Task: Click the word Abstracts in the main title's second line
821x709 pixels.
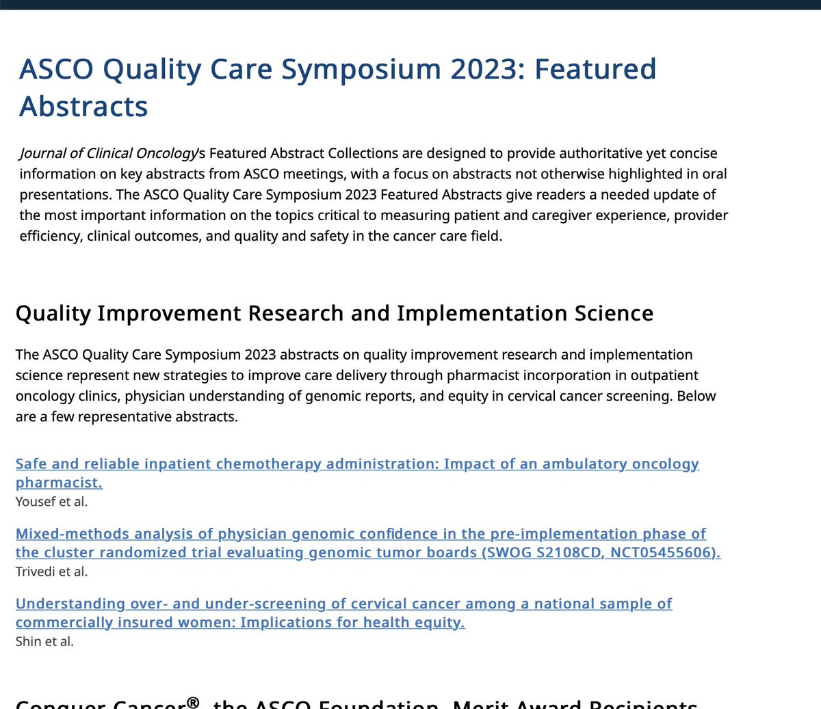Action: [83, 107]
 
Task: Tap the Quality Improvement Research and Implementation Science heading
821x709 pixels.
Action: [334, 313]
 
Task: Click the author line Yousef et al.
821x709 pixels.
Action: [51, 502]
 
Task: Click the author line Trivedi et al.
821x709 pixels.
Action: [51, 572]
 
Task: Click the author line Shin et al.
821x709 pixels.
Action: [44, 641]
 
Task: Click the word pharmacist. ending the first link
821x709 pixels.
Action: [59, 483]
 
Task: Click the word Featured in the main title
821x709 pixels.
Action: [595, 69]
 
